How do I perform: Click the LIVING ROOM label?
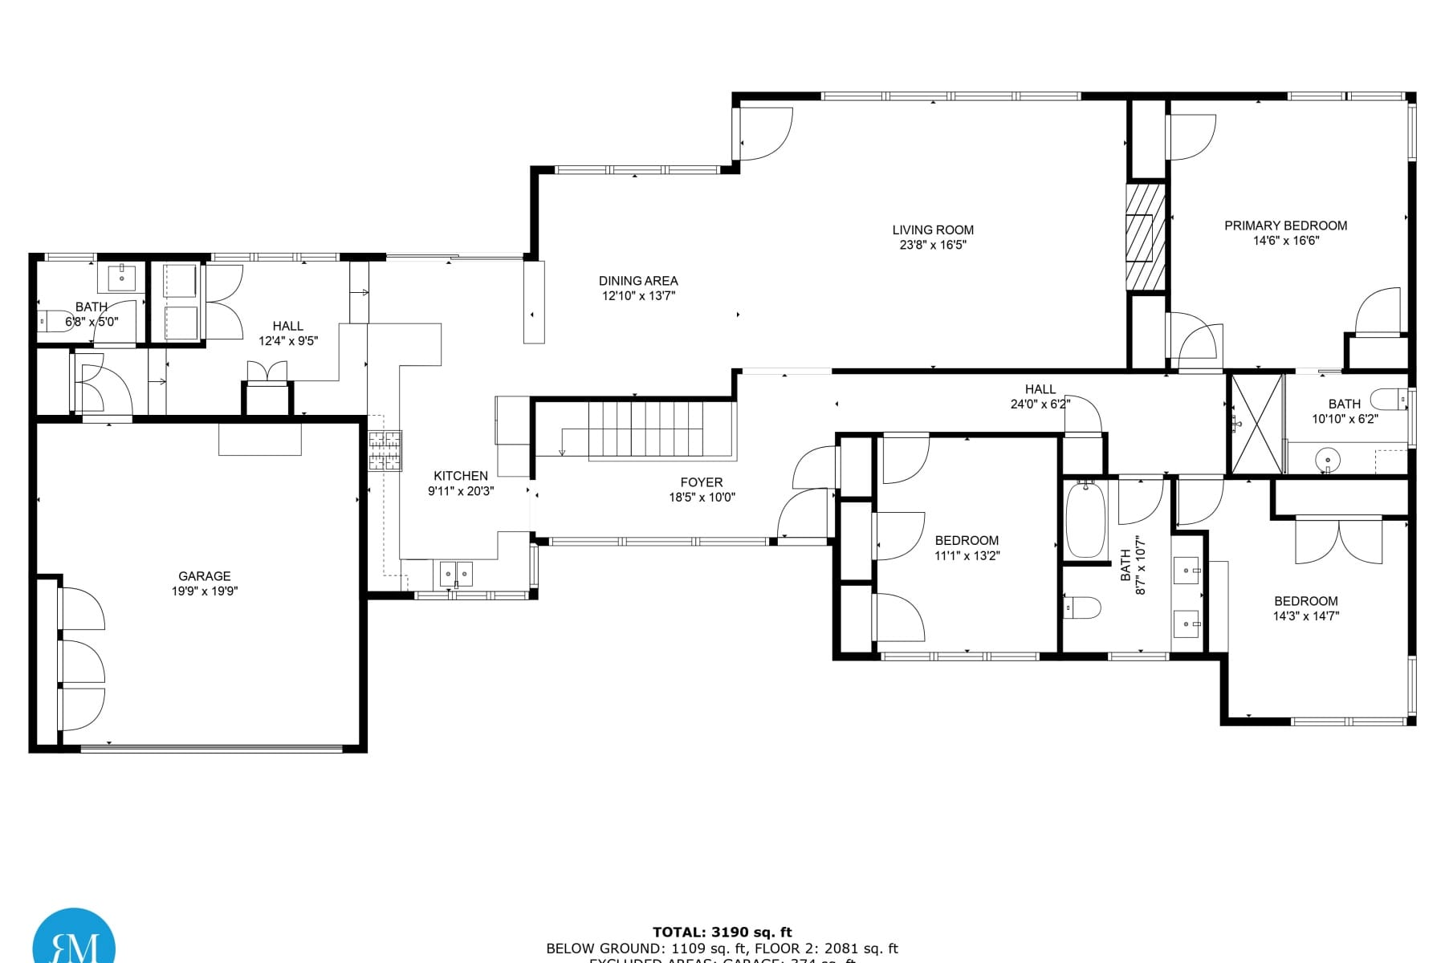(x=933, y=230)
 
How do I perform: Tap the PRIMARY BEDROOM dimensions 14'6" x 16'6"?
(x=1286, y=241)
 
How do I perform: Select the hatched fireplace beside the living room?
(x=1146, y=237)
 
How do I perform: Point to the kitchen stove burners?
(x=385, y=450)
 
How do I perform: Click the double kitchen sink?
(x=456, y=574)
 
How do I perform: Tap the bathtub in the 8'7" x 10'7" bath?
(x=1085, y=520)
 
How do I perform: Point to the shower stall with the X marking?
(x=1256, y=424)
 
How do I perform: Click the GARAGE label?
(x=204, y=576)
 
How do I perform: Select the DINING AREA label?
(x=638, y=281)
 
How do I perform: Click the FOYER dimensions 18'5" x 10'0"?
(x=702, y=498)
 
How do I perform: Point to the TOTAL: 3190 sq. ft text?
(x=722, y=932)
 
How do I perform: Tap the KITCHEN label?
(x=461, y=476)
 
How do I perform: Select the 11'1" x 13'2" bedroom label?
(x=967, y=541)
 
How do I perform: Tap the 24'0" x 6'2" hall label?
(x=1040, y=389)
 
